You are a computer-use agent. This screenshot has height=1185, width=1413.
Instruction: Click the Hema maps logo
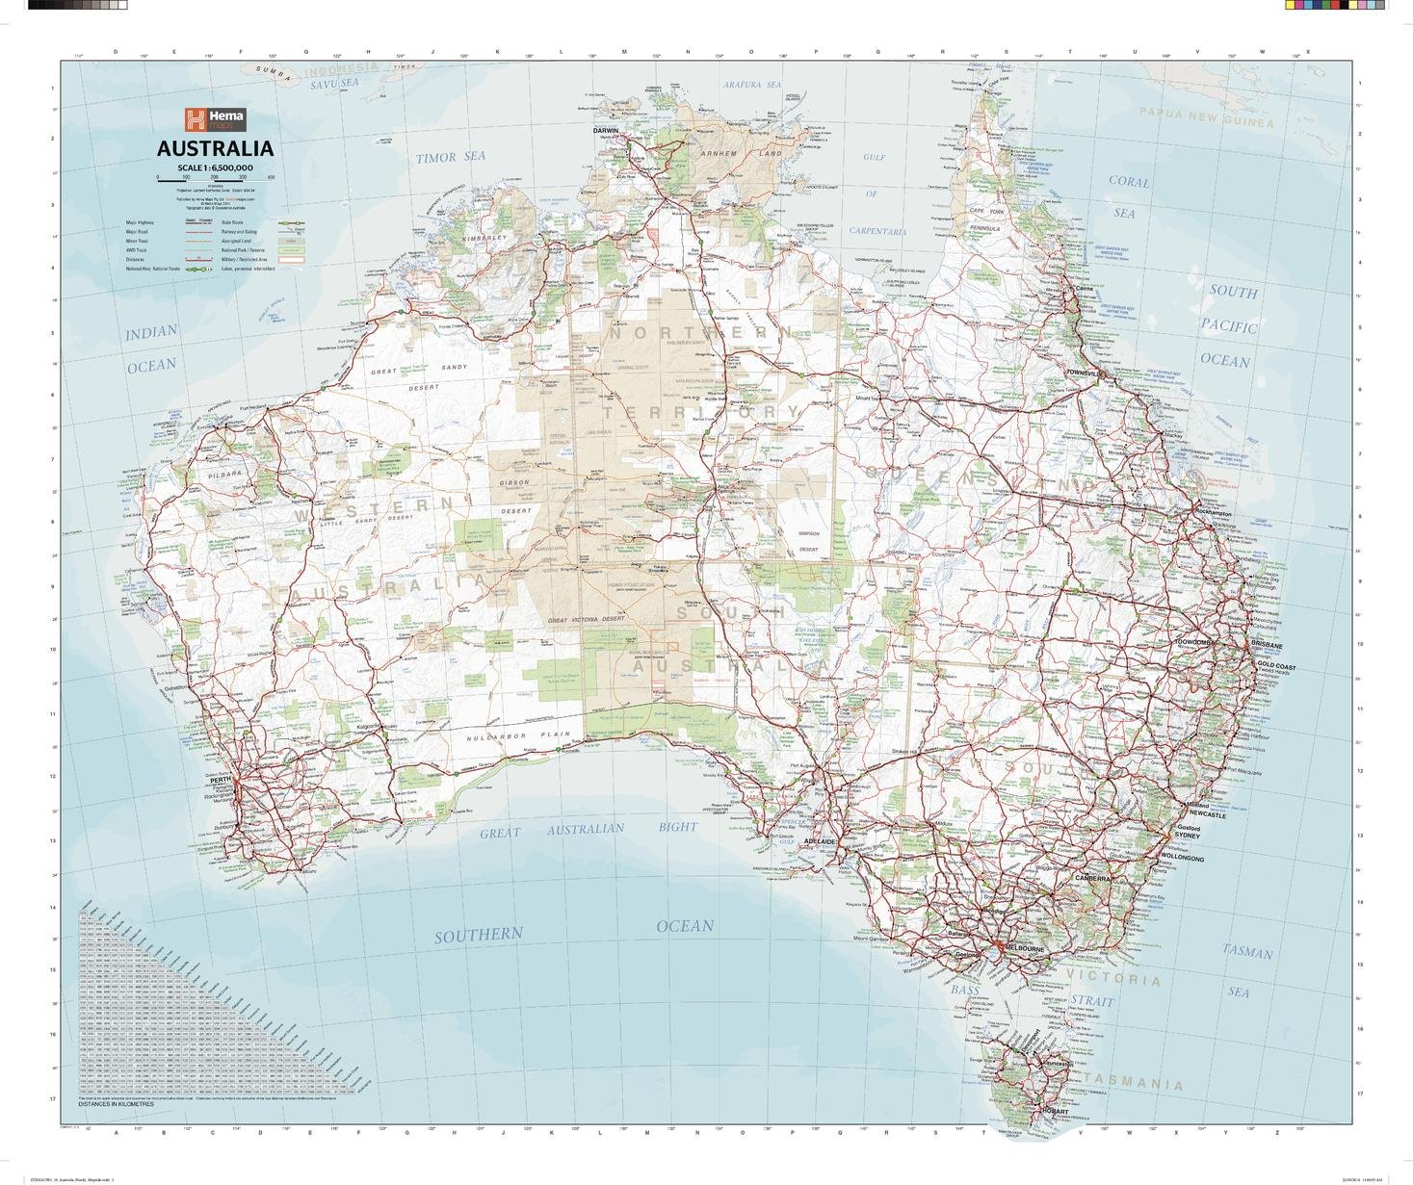215,120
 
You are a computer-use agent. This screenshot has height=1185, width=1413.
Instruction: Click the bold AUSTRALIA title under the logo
215,149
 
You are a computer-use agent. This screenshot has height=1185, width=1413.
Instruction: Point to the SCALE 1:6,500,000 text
215,167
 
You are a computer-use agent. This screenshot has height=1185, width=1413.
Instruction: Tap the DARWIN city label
605,130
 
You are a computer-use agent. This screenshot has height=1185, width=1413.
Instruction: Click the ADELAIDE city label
819,840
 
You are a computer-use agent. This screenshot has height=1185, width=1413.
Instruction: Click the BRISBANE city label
1267,645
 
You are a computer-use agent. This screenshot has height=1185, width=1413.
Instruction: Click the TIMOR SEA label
451,156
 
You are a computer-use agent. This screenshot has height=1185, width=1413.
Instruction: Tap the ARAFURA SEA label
752,85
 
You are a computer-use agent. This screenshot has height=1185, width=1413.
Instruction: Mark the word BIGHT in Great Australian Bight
678,827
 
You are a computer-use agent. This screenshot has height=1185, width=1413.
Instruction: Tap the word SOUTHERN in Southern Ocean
478,935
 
